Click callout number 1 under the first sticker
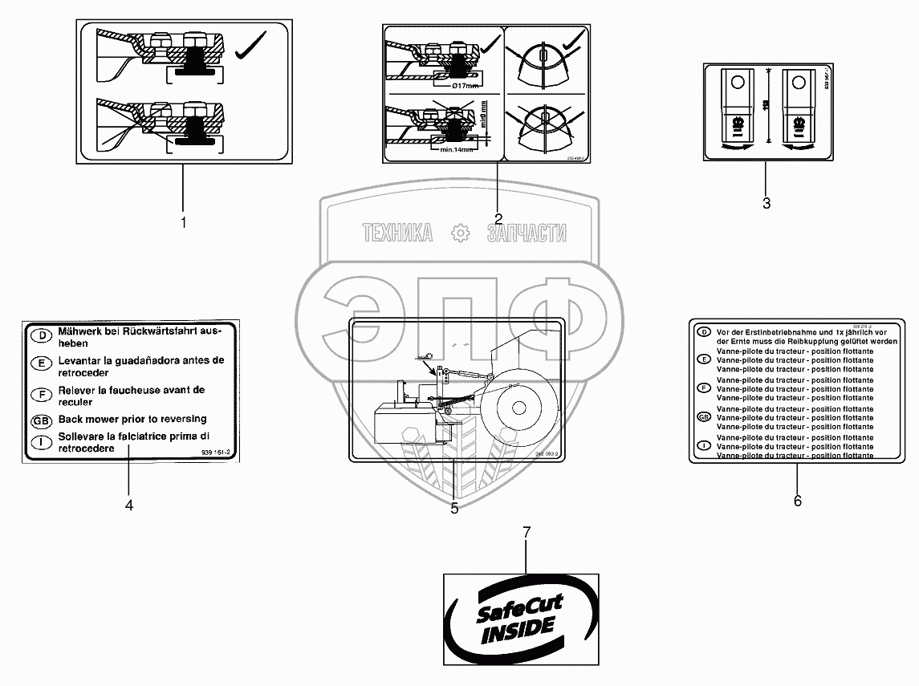pos(183,222)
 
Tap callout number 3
pos(766,204)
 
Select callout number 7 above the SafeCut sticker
pos(527,532)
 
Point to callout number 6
pos(797,501)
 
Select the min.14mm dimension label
pos(449,148)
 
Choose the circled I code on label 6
pos(704,445)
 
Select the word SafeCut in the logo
pos(520,607)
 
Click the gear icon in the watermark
pos(460,233)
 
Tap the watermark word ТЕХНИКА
pos(397,233)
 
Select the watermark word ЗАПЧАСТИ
pos(526,233)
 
